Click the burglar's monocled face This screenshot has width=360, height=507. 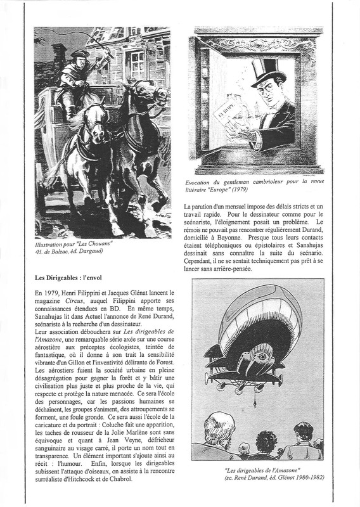click(x=269, y=98)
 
